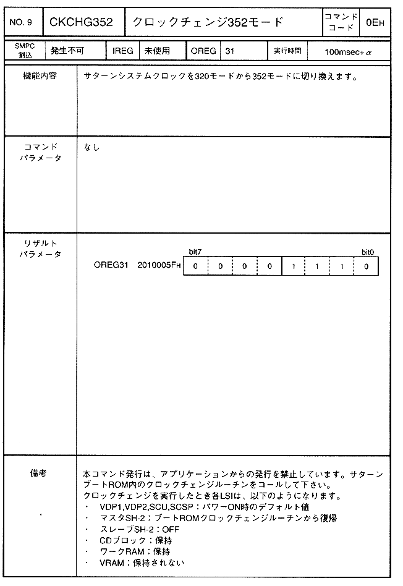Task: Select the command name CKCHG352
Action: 82,23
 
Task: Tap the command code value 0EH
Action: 375,23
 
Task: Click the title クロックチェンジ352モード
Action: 208,23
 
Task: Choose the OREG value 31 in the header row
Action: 230,51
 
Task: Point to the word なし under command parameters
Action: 91,147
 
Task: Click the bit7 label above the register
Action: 195,252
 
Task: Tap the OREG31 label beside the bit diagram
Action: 111,266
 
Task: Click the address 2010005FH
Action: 159,266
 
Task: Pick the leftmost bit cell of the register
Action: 195,266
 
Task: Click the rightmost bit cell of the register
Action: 367,266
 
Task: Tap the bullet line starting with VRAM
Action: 142,563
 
